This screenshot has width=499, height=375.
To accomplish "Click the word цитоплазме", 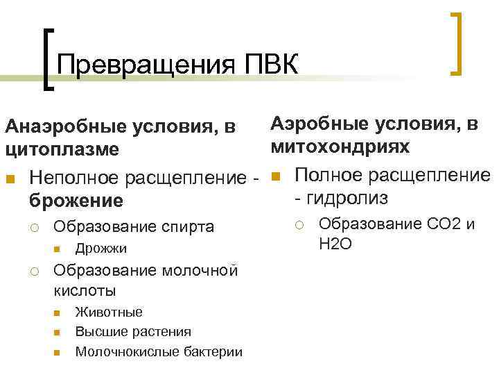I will [62, 149].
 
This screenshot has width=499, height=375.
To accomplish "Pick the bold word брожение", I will [76, 201].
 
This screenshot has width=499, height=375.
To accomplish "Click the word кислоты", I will [85, 289].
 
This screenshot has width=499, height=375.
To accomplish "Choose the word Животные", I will [109, 312].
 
